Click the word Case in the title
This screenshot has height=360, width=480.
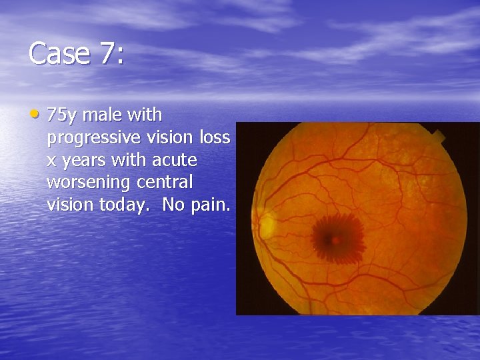click(x=60, y=54)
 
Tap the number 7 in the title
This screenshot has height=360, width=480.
click(x=109, y=54)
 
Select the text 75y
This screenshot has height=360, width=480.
click(x=62, y=116)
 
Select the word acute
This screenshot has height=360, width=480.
click(x=174, y=161)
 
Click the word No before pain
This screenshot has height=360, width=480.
click(x=172, y=205)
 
